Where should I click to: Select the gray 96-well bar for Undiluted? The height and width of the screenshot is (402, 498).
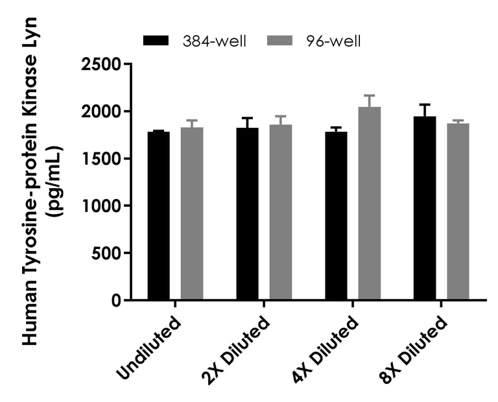click(192, 214)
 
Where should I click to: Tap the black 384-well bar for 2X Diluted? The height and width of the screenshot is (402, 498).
click(247, 214)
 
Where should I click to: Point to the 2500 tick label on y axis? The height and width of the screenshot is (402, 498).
click(102, 64)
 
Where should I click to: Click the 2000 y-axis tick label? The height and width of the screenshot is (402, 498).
click(102, 112)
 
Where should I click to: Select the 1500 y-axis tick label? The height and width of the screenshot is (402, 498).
click(102, 159)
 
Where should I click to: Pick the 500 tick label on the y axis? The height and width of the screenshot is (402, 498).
click(108, 254)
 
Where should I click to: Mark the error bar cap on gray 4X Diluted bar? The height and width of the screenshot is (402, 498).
click(370, 95)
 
